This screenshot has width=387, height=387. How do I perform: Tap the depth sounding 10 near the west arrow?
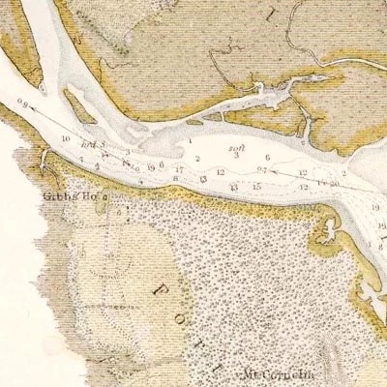pos(65,139)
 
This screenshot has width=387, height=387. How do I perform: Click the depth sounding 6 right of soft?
pos(266,157)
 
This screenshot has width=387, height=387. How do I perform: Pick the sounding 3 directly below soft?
pos(236,157)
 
